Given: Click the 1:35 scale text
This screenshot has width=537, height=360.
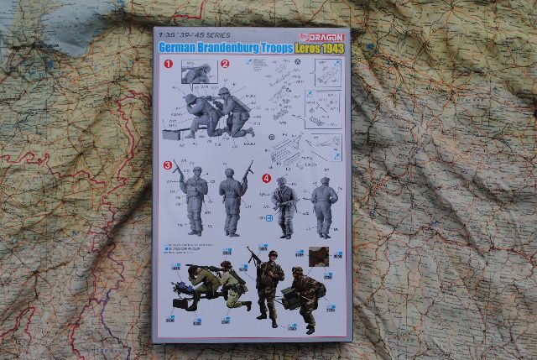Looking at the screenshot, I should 167,37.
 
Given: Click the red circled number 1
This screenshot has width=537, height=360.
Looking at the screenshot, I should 168,64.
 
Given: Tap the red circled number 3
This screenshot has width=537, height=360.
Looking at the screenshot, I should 168,165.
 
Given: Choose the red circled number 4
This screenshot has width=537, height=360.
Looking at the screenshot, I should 267,178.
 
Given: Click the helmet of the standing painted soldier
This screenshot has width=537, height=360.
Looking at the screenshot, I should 272,254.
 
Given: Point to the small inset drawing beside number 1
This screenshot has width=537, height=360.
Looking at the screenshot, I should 195,75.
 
